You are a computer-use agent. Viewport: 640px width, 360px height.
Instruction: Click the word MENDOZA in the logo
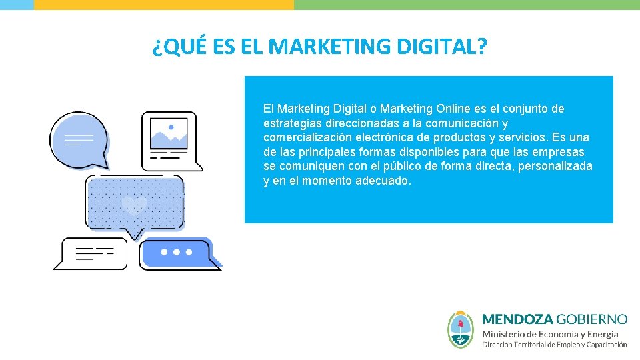tap(517, 319)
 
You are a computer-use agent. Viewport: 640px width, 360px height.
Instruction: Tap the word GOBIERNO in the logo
tap(592, 319)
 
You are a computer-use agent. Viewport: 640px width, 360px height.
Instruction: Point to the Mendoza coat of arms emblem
tap(461, 329)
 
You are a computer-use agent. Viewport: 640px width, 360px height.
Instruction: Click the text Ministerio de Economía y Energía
tap(550, 333)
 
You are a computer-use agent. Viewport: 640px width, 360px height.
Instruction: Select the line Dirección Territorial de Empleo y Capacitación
tap(554, 345)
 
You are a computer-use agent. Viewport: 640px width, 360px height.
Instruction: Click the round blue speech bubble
tap(79, 139)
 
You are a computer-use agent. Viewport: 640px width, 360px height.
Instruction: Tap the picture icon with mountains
tap(169, 135)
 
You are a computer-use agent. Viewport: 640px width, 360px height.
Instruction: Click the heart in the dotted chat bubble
tap(135, 204)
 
